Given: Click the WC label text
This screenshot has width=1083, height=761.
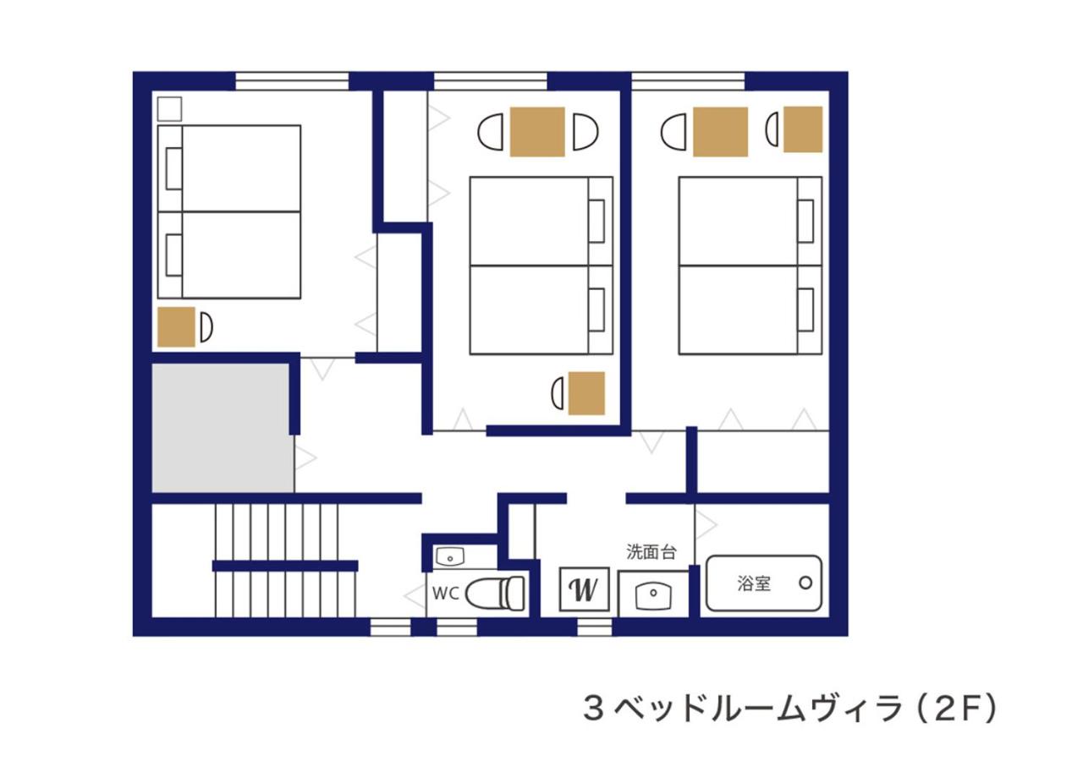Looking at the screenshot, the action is [445, 594].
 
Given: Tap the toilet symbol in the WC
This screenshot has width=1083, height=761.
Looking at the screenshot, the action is [495, 594].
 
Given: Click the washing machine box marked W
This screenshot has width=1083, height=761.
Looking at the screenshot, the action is [584, 589].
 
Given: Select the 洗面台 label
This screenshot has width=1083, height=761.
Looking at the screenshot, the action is [651, 552].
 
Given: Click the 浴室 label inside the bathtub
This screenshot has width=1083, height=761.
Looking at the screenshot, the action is [754, 583].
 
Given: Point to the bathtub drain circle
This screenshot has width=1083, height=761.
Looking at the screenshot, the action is [805, 583].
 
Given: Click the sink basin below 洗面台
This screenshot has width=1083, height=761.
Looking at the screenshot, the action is [653, 595].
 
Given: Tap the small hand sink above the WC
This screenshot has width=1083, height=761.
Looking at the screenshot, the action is [450, 557].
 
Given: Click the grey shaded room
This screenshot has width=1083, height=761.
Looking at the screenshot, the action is [223, 428].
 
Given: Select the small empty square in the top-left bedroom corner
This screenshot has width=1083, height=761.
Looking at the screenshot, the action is [170, 109].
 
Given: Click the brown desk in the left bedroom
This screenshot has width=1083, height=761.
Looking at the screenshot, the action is [177, 327].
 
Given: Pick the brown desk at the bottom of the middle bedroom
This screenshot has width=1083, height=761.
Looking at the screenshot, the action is [586, 393].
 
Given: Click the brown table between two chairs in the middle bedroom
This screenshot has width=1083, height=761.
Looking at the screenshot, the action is [537, 132].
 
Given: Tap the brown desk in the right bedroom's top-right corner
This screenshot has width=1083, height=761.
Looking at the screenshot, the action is [803, 129].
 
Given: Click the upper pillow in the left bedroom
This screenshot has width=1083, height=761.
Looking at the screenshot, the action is [174, 168].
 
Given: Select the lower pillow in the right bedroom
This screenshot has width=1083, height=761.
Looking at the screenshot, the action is [805, 309].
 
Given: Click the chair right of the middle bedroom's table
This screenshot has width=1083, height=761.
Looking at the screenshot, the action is [585, 131].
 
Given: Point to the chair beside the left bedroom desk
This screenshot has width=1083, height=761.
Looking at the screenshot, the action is [206, 327].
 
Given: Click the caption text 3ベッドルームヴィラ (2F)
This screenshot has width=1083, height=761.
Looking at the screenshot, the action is [789, 709].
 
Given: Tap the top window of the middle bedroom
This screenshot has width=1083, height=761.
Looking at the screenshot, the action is [490, 81].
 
